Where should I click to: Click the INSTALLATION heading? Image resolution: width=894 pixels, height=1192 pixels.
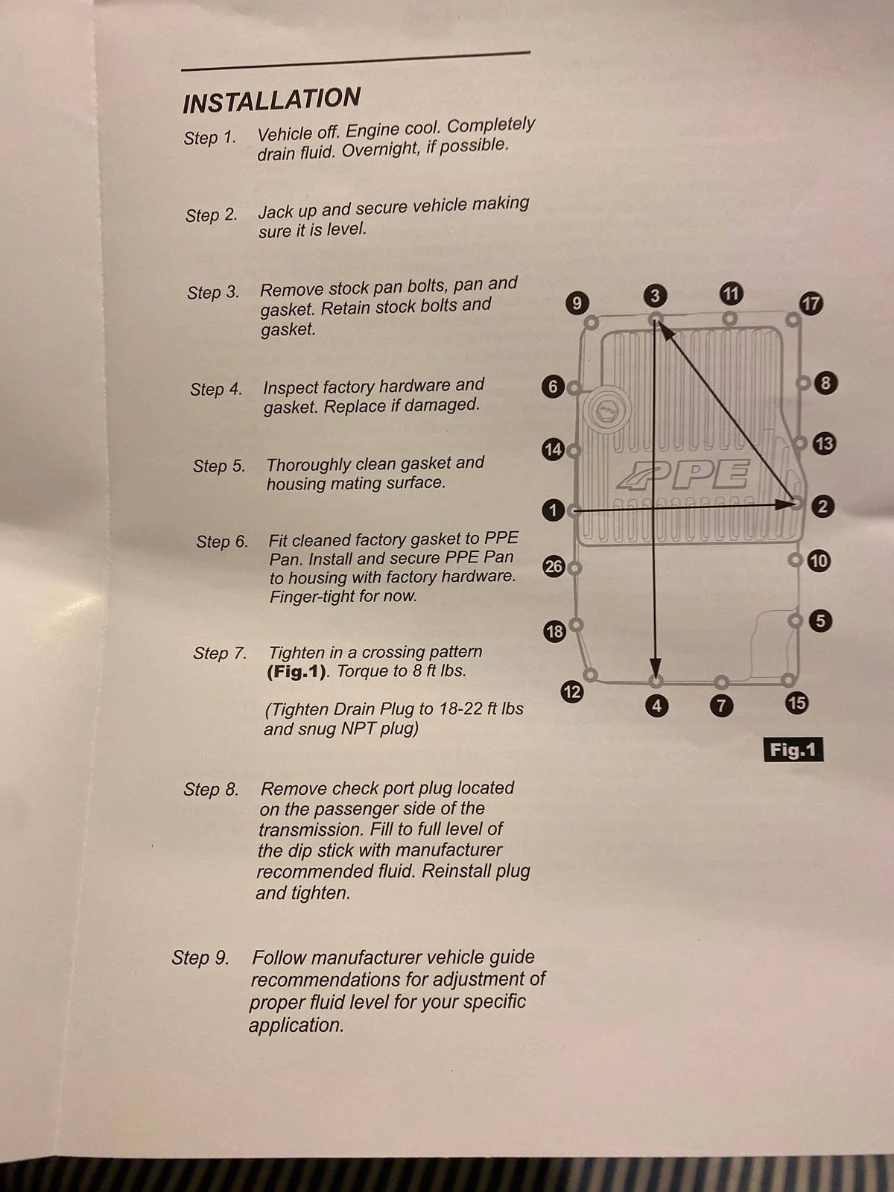(x=271, y=101)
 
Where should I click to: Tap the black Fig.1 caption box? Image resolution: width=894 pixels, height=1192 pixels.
(x=793, y=749)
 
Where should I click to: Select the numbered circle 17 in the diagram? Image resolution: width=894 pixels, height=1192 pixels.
(x=811, y=303)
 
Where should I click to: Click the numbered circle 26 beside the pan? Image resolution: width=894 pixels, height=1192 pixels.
(x=554, y=566)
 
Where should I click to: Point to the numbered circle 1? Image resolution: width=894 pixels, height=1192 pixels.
(x=553, y=510)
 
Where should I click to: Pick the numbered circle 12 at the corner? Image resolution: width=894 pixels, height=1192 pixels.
(x=571, y=692)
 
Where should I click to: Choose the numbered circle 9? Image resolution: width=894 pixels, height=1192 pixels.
(x=577, y=302)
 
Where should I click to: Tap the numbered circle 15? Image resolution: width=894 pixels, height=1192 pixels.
(x=797, y=703)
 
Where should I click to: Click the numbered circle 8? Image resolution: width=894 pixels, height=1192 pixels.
(x=825, y=383)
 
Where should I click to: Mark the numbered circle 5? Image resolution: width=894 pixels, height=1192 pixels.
(x=821, y=621)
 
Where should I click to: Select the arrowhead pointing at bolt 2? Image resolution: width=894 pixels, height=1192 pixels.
(x=785, y=504)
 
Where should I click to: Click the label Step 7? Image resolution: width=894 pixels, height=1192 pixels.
(x=220, y=653)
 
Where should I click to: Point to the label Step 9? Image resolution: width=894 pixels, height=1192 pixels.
(x=200, y=957)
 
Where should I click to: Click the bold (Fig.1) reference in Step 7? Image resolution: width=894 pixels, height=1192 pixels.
(x=297, y=672)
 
